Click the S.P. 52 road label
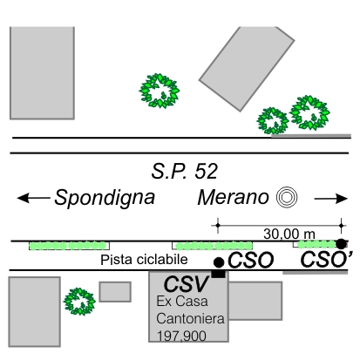(x=185, y=171)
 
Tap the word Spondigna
(x=105, y=198)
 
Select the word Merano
(x=233, y=198)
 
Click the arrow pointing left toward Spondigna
(x=34, y=198)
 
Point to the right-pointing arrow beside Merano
(x=331, y=199)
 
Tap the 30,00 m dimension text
(x=289, y=234)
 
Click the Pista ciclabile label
(x=144, y=260)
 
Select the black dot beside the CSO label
(x=219, y=262)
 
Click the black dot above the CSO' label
(x=341, y=244)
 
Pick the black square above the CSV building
(x=218, y=274)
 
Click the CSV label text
(x=187, y=284)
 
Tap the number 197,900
(x=181, y=336)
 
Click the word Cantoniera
(x=190, y=319)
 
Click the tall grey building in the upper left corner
(x=42, y=73)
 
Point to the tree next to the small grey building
(x=79, y=302)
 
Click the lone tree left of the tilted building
(x=160, y=91)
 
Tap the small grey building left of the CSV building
(x=115, y=292)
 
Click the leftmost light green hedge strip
(x=68, y=246)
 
